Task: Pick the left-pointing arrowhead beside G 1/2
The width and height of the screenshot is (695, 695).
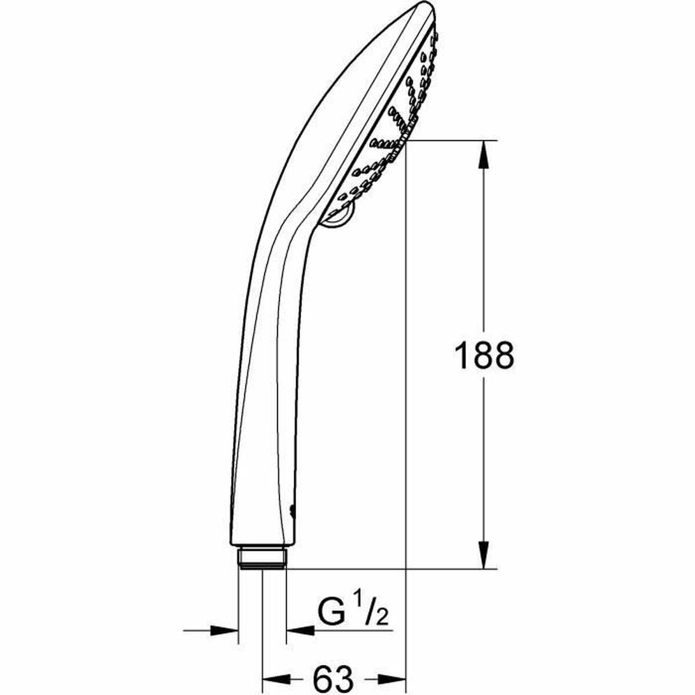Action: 298,628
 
